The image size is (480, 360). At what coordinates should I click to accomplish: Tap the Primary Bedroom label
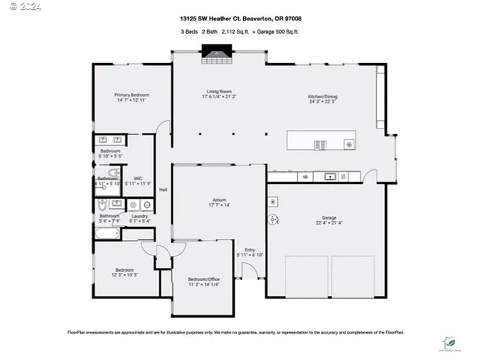pyautogui.click(x=131, y=95)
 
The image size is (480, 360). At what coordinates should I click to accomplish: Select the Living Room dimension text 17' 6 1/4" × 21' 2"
pyautogui.click(x=219, y=96)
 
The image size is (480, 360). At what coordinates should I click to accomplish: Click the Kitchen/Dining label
pyautogui.click(x=322, y=96)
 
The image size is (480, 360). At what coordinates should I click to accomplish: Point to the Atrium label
pyautogui.click(x=219, y=200)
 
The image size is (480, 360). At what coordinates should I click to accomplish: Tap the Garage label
pyautogui.click(x=329, y=218)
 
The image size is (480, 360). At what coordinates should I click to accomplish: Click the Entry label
pyautogui.click(x=249, y=249)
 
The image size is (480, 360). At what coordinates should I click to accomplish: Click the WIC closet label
pyautogui.click(x=138, y=178)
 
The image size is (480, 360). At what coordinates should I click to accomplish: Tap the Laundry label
pyautogui.click(x=139, y=216)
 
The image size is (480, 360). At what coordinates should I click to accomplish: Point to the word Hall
pyautogui.click(x=163, y=189)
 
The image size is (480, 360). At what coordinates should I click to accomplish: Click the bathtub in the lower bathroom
pyautogui.click(x=107, y=234)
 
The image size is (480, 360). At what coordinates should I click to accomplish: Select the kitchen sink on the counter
pyautogui.click(x=330, y=176)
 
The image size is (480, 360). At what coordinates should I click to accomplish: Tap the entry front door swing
pyautogui.click(x=249, y=271)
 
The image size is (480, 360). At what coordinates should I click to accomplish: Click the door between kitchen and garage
pyautogui.click(x=370, y=175)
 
